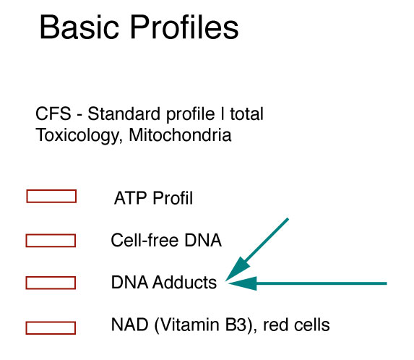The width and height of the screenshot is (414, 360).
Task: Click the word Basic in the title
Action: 79,27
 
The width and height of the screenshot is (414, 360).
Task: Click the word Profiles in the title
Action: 184,27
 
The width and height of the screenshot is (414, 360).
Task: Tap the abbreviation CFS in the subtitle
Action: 53,113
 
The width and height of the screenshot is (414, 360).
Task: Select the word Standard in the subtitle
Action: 124,113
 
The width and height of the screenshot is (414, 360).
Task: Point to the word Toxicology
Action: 79,135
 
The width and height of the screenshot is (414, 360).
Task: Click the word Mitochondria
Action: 180,135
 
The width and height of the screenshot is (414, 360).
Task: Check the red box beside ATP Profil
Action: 51,196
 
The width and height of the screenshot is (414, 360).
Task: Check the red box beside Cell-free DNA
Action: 51,241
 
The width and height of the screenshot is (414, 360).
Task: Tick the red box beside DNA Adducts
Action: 51,283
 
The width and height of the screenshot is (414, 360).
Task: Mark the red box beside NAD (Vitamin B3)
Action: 51,328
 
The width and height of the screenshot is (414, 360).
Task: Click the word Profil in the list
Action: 173,198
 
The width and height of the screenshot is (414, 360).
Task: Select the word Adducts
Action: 184,283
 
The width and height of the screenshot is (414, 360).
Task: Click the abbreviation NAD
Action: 129,325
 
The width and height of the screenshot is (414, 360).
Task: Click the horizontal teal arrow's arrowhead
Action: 242,283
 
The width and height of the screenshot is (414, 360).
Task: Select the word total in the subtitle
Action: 246,113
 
